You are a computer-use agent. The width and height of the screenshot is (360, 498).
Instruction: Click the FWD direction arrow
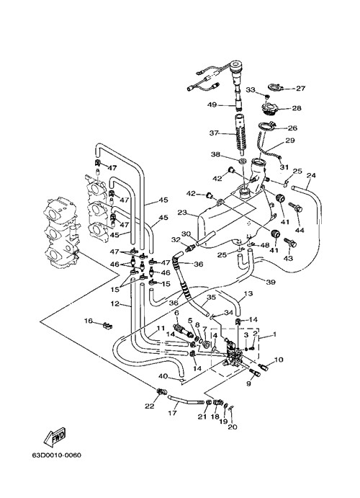pyautogui.click(x=55, y=436)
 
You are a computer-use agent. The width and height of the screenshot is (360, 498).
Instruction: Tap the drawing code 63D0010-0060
pyautogui.click(x=56, y=455)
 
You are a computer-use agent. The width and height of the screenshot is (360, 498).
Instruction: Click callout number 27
pyautogui.click(x=300, y=89)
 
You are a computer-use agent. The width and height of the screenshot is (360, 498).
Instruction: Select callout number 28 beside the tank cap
pyautogui.click(x=297, y=108)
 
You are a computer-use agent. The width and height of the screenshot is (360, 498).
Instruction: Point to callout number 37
pyautogui.click(x=215, y=133)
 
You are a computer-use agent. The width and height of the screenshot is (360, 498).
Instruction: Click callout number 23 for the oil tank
pyautogui.click(x=182, y=213)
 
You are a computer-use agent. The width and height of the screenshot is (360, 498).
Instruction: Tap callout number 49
pyautogui.click(x=212, y=105)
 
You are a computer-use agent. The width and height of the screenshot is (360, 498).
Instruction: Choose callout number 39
pyautogui.click(x=271, y=282)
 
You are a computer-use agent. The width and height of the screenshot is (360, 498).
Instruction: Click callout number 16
pyautogui.click(x=88, y=321)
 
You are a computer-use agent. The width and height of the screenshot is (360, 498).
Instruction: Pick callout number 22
pyautogui.click(x=149, y=406)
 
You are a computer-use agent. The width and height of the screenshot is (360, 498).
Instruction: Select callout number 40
pyautogui.click(x=163, y=376)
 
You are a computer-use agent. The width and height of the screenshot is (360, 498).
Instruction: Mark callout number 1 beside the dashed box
pyautogui.click(x=274, y=334)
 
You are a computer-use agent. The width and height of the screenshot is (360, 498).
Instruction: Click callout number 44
pyautogui.click(x=300, y=230)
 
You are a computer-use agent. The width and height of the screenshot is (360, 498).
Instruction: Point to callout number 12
pyautogui.click(x=114, y=303)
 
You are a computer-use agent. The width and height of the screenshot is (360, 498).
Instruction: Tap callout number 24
pyautogui.click(x=311, y=175)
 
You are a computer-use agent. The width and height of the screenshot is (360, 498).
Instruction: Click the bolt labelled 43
pyautogui.click(x=291, y=243)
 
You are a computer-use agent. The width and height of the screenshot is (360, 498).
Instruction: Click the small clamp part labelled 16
pyautogui.click(x=107, y=325)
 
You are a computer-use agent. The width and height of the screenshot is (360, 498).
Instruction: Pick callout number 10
pyautogui.click(x=279, y=360)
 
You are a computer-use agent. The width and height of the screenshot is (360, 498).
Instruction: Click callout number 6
pyautogui.click(x=176, y=313)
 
